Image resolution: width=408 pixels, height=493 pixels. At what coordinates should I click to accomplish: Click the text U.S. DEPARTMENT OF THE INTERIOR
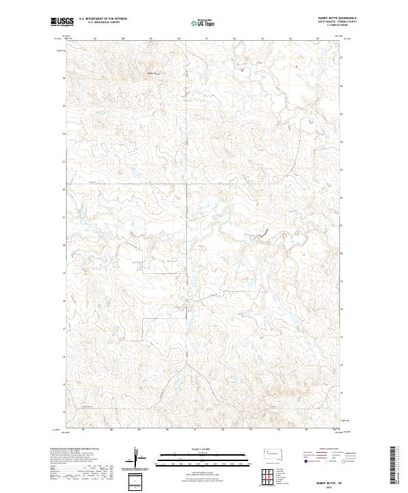pyautogui.click(x=103, y=19)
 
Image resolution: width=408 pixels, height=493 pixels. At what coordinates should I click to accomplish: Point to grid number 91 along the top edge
pyautogui.click(x=205, y=38)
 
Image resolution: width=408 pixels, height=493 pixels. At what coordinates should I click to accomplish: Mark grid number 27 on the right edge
pyautogui.click(x=341, y=58)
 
